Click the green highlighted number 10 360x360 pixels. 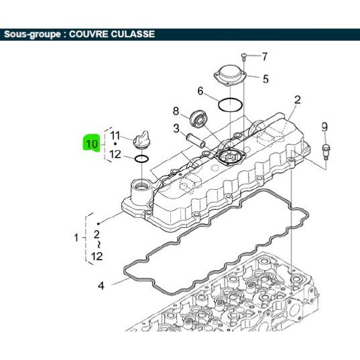tap(92, 143)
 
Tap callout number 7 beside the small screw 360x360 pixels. tap(265, 56)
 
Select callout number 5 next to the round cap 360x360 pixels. tap(265, 79)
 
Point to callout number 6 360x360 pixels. tap(200, 91)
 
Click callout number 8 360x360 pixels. tap(176, 111)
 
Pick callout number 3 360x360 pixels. tap(176, 128)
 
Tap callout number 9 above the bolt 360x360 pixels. tap(324, 127)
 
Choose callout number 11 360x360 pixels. tap(115, 135)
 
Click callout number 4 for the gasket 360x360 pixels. tap(101, 286)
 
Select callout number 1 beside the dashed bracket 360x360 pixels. tap(76, 237)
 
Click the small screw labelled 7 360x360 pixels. tap(243, 57)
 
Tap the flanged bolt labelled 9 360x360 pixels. tap(326, 152)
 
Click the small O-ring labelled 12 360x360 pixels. tap(141, 158)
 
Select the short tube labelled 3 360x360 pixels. tap(196, 141)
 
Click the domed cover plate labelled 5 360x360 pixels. tap(230, 75)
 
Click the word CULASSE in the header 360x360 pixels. tap(133, 34)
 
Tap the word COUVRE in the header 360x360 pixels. tap(88, 34)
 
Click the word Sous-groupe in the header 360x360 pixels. tap(32, 34)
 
